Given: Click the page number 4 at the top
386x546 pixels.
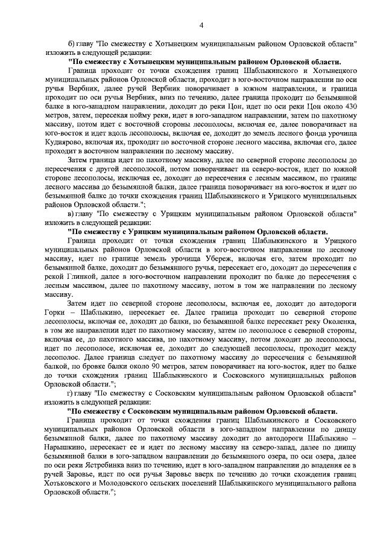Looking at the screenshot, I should [x=201, y=24].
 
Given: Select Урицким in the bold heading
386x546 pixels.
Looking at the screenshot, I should [x=127, y=231].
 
